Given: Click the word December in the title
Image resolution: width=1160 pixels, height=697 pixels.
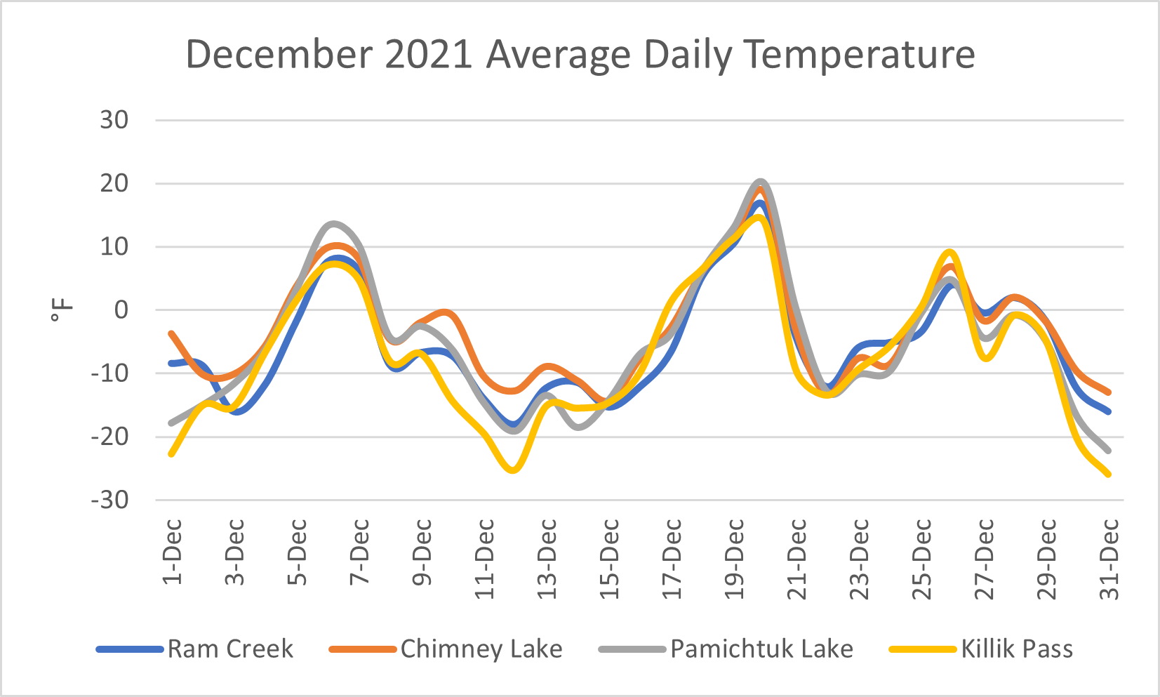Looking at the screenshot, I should tap(280, 54).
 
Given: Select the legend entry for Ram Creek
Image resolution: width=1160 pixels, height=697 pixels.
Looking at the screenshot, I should tap(229, 649).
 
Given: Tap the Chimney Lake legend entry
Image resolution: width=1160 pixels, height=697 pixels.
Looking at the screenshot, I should tap(481, 649).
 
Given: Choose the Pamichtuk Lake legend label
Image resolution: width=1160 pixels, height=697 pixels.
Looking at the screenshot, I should tap(761, 649).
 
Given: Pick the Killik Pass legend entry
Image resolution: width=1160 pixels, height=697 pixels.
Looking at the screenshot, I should tap(1016, 649).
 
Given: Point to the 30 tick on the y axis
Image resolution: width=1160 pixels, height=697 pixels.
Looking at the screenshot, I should tap(114, 120).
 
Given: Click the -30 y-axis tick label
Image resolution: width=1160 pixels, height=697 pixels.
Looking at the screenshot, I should tap(110, 500).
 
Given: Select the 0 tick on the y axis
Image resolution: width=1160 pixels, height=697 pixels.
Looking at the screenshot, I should tap(121, 310).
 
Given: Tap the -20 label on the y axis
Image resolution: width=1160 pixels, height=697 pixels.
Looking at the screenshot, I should tap(110, 437).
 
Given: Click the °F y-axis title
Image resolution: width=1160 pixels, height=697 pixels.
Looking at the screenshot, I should tap(62, 310).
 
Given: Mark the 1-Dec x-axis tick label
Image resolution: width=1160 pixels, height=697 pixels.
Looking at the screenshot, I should tap(172, 552).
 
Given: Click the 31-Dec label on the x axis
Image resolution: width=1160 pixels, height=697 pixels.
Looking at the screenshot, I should tap(1109, 559).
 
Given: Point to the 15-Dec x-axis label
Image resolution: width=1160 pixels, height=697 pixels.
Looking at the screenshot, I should tap(609, 559).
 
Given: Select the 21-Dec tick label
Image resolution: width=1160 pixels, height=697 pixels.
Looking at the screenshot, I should tap(797, 559).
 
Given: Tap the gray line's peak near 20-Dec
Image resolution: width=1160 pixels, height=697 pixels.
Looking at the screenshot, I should tap(761, 182).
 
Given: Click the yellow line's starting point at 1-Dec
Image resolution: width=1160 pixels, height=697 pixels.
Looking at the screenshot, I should tap(171, 454).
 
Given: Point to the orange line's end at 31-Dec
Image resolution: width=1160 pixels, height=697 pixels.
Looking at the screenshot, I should tap(1109, 392).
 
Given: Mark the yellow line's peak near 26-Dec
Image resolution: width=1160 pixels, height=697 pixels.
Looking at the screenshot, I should tap(949, 251).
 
